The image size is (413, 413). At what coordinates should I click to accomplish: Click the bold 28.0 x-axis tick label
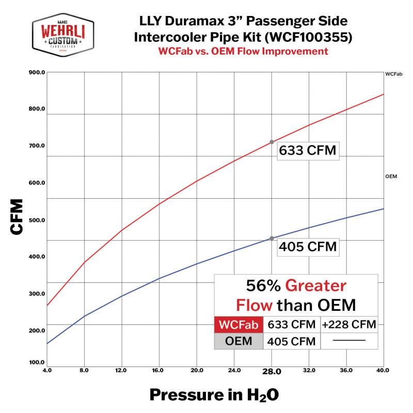pos(272,371)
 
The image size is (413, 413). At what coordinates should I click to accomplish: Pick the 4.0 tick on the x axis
pos(47,370)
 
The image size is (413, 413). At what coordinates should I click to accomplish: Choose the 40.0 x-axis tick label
pos(383,370)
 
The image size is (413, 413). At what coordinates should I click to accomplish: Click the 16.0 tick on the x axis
pos(158,370)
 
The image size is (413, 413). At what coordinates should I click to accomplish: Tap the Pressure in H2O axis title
pos(214,395)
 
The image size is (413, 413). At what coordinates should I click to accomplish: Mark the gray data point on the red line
pos(272,142)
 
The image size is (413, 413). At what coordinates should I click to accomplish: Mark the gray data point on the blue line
pos(272,238)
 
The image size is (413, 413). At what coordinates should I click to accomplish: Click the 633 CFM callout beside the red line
pos(308,151)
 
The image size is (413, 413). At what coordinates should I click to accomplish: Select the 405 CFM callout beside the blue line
pos(308,247)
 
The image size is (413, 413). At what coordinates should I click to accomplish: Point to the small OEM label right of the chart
pos(391,177)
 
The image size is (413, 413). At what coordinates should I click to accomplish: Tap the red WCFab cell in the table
pos(238,325)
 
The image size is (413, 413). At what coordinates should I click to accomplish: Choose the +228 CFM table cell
pos(348,325)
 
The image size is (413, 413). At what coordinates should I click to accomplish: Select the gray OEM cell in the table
pos(238,341)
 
